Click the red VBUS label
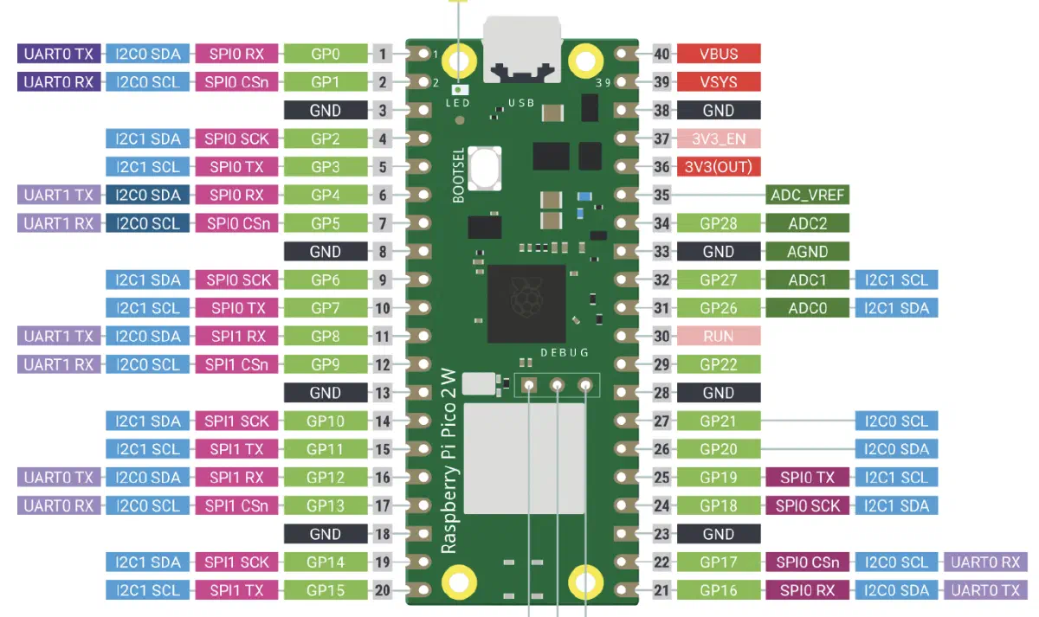point(719,54)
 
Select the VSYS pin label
point(719,82)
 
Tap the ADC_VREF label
point(808,196)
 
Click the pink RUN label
point(719,336)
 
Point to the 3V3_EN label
point(719,138)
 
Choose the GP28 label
point(719,223)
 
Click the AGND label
point(808,252)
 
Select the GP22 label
point(719,364)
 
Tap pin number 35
point(661,196)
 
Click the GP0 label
point(326,54)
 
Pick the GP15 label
point(326,590)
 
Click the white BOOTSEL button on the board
point(485,168)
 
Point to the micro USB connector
point(522,49)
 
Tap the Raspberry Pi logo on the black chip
point(526,297)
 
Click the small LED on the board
point(459,89)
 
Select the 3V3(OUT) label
point(719,167)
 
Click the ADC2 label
point(808,223)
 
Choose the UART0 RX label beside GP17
point(985,562)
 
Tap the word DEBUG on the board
point(565,353)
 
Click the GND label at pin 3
point(326,110)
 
